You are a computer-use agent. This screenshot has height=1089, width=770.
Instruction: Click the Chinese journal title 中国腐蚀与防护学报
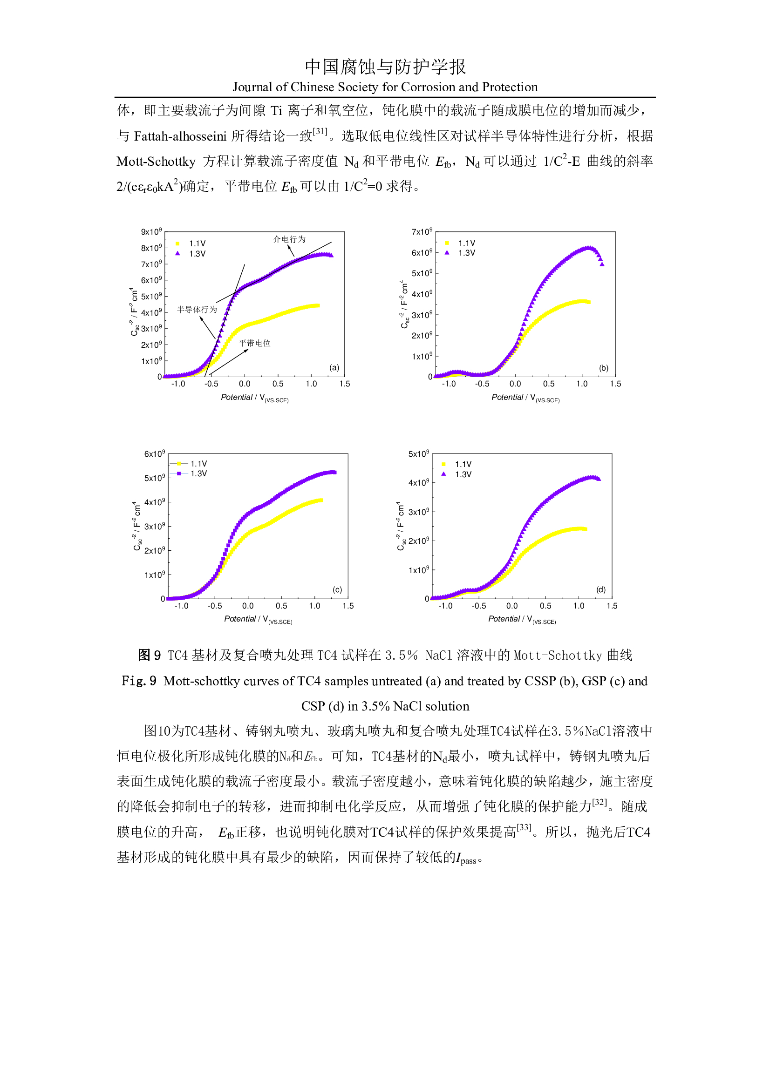[385, 67]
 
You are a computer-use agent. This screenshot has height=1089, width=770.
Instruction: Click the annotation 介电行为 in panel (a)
[289, 239]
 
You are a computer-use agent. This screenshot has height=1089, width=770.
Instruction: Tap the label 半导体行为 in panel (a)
[197, 309]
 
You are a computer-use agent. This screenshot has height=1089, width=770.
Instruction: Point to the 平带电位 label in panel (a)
[254, 343]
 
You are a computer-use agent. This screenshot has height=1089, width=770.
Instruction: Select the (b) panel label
[604, 368]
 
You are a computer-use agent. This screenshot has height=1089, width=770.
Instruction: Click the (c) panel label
[337, 589]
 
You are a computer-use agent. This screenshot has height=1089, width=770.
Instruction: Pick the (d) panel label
[601, 589]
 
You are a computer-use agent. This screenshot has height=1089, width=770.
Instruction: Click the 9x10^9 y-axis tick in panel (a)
[151, 232]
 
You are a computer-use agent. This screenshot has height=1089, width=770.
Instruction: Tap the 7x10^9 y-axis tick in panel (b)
[422, 232]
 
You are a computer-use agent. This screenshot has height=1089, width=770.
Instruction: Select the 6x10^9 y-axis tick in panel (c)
[155, 454]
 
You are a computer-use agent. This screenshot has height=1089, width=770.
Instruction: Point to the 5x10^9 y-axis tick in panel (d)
[418, 454]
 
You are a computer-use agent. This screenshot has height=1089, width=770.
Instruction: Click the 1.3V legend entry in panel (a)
[197, 254]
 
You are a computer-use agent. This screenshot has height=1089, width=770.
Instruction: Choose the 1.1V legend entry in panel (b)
[466, 243]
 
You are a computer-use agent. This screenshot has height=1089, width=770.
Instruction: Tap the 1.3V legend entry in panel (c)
[198, 473]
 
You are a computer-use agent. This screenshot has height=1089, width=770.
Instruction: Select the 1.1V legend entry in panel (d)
[463, 464]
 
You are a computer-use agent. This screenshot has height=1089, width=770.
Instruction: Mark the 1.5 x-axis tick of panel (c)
[348, 606]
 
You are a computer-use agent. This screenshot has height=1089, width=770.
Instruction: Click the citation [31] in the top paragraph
[320, 132]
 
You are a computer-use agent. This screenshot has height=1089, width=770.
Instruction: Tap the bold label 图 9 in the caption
[149, 656]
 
